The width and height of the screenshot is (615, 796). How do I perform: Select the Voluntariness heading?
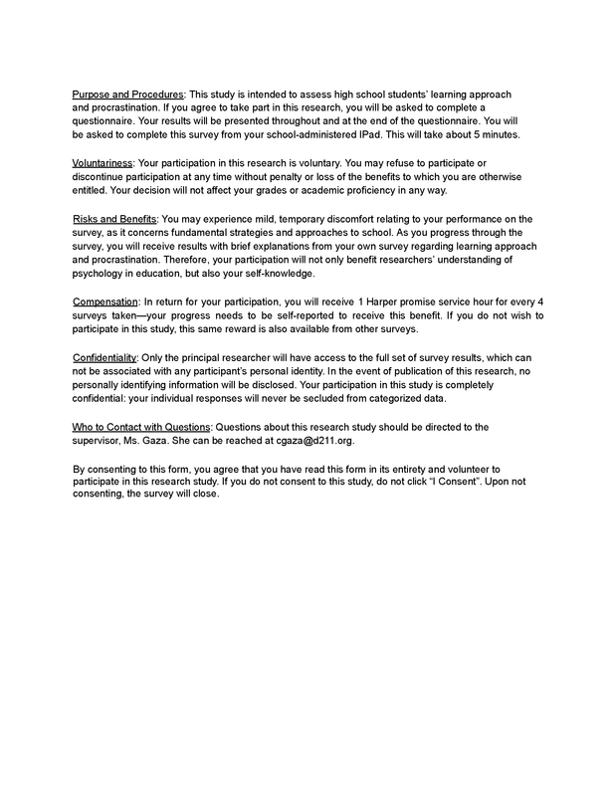pos(104,160)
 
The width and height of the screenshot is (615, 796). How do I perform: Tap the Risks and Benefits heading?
pos(113,218)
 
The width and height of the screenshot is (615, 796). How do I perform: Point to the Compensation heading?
pos(110,300)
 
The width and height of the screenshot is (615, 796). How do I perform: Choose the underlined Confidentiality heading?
pos(109,356)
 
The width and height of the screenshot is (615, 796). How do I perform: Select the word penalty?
pos(298,175)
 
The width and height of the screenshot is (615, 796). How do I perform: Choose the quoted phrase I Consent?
pos(452,482)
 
